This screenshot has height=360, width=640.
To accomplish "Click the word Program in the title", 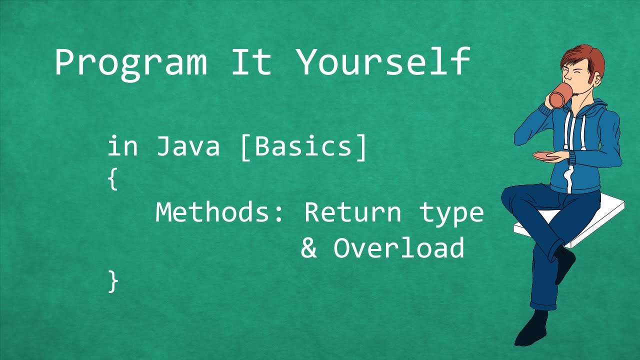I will pyautogui.click(x=130, y=62).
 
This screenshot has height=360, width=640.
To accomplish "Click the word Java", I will pyautogui.click(x=188, y=146).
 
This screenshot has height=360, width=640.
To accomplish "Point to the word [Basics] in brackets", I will pyautogui.click(x=304, y=147).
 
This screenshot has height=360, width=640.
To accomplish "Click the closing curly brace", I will pyautogui.click(x=113, y=281).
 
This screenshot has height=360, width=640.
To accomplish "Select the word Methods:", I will pyautogui.click(x=220, y=212).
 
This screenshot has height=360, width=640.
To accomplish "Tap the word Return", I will pyautogui.click(x=353, y=212).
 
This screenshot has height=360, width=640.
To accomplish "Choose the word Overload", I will pyautogui.click(x=399, y=248).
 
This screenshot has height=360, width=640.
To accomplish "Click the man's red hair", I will pyautogui.click(x=585, y=57).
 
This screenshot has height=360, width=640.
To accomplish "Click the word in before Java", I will pyautogui.click(x=122, y=146).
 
